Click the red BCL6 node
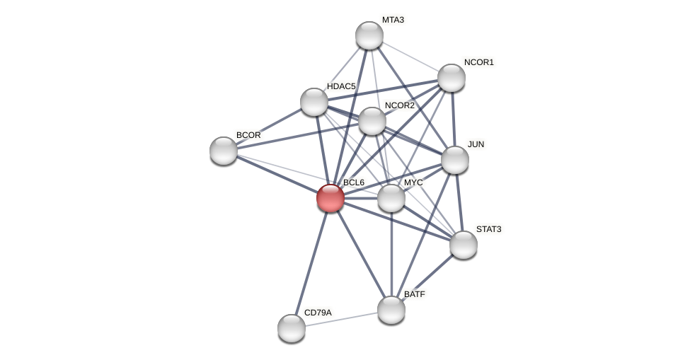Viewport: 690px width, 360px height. (330, 197)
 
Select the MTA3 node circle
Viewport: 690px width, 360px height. (369, 35)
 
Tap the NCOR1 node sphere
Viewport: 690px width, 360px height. (451, 78)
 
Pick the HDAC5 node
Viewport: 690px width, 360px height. (314, 102)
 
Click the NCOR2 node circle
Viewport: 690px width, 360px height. (372, 121)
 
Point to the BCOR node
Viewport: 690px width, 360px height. (224, 151)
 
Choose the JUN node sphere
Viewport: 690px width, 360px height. (454, 160)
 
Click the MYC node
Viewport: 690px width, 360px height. (391, 198)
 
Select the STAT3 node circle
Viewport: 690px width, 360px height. (463, 245)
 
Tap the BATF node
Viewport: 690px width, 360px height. (391, 309)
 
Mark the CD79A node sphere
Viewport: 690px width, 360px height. (291, 327)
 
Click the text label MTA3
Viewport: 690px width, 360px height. (393, 20)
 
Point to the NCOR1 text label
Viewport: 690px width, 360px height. (478, 62)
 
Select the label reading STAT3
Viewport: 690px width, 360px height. (488, 229)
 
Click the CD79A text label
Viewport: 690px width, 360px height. (317, 313)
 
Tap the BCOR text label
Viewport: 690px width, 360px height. (248, 135)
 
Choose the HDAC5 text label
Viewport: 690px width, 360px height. (341, 86)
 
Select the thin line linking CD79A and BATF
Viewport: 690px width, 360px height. (340, 318)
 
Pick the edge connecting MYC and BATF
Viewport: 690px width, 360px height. (391, 255)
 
